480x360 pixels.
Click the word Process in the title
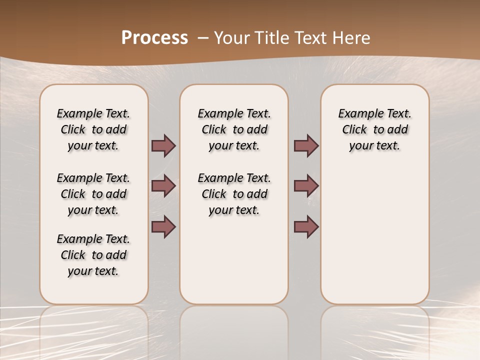154,38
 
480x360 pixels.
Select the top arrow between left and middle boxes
163,146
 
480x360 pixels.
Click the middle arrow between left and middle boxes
163,186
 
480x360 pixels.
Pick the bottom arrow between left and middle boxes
163,226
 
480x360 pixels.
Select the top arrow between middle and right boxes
306,146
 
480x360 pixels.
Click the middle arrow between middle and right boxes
306,186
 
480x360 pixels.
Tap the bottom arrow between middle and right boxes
306,226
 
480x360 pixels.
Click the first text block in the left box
93,129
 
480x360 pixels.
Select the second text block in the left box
93,194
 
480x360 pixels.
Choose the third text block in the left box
93,255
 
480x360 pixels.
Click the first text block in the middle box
234,129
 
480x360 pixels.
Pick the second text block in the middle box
234,194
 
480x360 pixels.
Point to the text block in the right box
374,129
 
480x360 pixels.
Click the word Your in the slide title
232,38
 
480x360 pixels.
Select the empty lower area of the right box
374,235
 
